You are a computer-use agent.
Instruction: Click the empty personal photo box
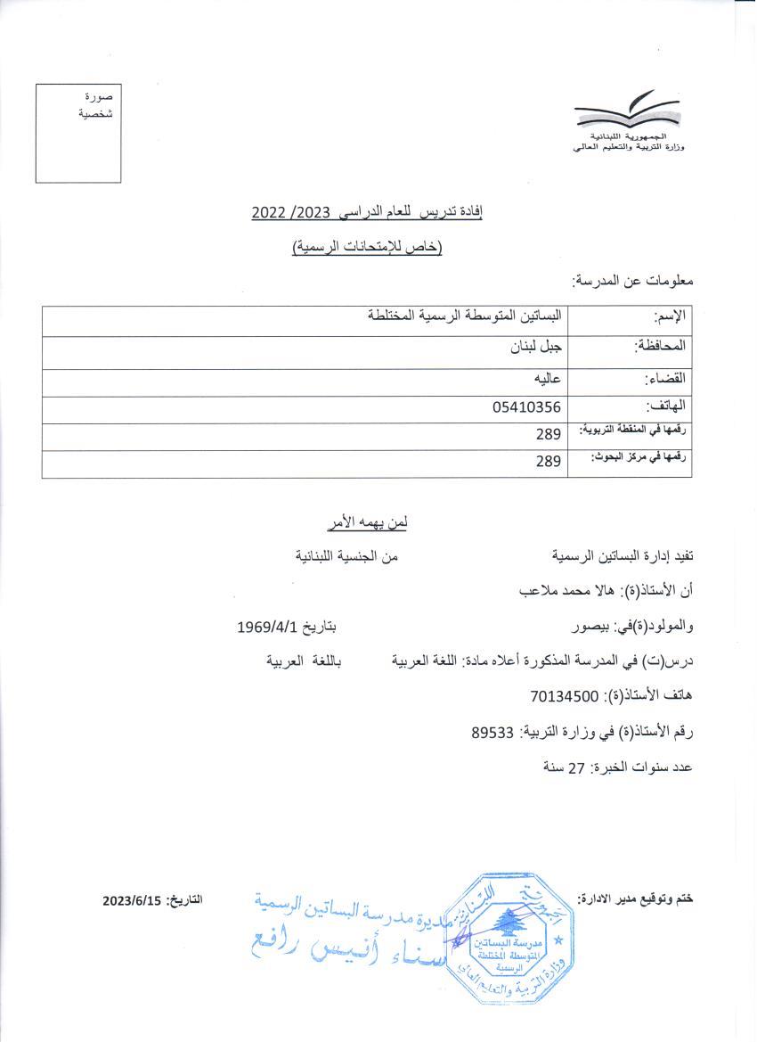click(x=78, y=133)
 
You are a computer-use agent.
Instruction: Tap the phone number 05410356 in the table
click(x=526, y=407)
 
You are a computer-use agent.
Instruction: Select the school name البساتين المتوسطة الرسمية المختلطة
click(x=465, y=316)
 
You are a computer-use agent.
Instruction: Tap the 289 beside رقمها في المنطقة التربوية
click(x=549, y=434)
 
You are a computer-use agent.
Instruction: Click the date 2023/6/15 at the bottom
click(x=131, y=900)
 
